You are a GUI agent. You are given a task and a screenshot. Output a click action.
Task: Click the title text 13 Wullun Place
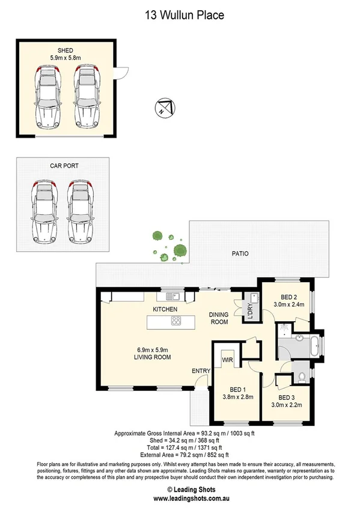point(180,15)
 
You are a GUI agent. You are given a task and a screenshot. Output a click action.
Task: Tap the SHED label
point(66,51)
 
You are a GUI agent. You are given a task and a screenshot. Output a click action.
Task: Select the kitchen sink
point(174,295)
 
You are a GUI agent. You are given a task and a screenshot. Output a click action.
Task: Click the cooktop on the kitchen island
point(176,321)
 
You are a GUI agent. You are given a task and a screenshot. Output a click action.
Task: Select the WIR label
point(227,360)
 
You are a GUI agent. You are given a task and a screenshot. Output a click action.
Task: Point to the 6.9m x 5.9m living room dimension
point(153,349)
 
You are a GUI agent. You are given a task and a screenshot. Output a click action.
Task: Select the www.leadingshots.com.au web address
point(180,499)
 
